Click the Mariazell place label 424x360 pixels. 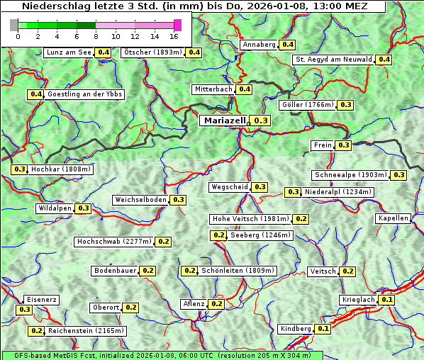tap(224, 121)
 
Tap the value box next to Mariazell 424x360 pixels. tap(261, 121)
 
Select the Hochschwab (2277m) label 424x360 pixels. tap(114, 242)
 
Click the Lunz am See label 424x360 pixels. tap(68, 52)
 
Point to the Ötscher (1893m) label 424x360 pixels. tap(152, 52)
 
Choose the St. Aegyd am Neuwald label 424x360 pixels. tap(333, 60)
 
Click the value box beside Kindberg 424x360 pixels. tap(323, 329)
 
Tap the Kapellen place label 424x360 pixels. tap(394, 218)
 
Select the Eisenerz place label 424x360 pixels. tap(40, 300)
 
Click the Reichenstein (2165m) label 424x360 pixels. tap(87, 331)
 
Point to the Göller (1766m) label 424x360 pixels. tap(307, 105)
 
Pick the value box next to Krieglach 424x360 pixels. tap(386, 300)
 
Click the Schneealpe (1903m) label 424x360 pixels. tap(351, 175)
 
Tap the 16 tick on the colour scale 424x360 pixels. tap(174, 35)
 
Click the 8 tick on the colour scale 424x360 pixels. tap(96, 35)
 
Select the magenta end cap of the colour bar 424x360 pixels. tap(177, 25)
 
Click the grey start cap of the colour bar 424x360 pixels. tap(14, 25)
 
